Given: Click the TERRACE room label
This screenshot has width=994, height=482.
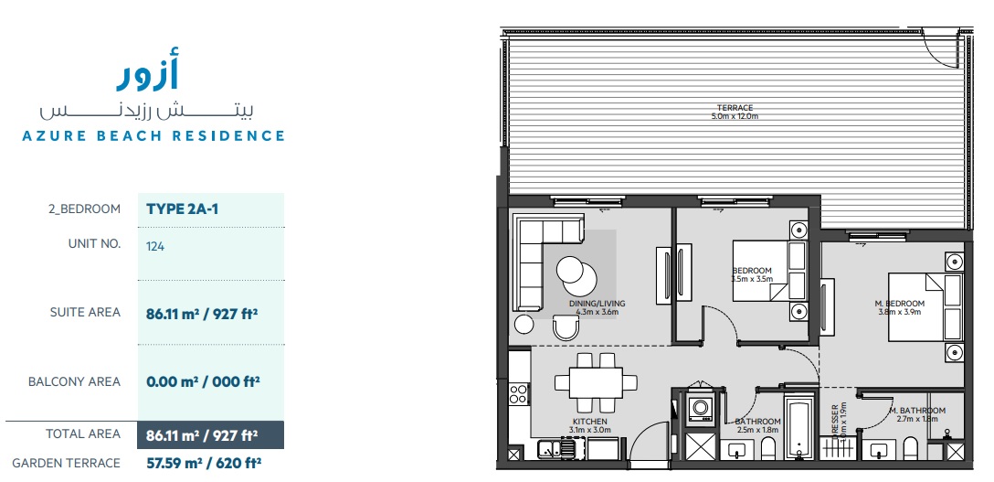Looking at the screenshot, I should [x=735, y=108].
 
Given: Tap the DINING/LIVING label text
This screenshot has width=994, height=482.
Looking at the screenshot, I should [x=597, y=305].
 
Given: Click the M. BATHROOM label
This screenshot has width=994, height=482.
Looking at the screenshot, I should [x=916, y=411].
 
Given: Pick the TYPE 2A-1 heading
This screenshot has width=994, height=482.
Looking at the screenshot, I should [x=183, y=209].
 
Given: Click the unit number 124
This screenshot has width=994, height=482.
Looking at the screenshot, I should [x=154, y=245].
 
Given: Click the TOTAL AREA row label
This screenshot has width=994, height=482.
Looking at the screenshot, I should [x=83, y=434].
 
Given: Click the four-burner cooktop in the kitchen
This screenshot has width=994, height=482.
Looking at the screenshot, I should [x=519, y=392].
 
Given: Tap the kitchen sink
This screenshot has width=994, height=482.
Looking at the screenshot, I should [x=554, y=448].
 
